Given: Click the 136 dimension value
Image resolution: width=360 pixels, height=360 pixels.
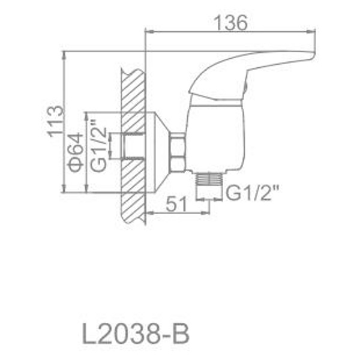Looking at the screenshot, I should pyautogui.click(x=230, y=23).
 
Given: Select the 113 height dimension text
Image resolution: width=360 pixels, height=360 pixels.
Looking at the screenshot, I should pyautogui.click(x=55, y=122).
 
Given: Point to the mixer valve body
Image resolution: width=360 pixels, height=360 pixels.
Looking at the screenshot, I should pyautogui.click(x=216, y=135).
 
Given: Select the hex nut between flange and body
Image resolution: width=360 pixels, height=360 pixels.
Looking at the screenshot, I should pyautogui.click(x=177, y=154).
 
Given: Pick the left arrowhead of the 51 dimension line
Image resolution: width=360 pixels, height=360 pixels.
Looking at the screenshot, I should pyautogui.click(x=149, y=212).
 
